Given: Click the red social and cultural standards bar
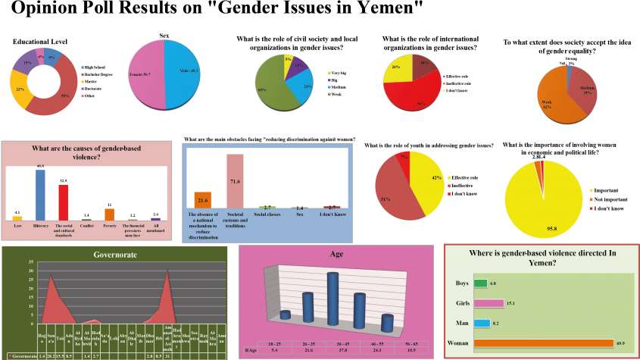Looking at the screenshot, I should [63, 202].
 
